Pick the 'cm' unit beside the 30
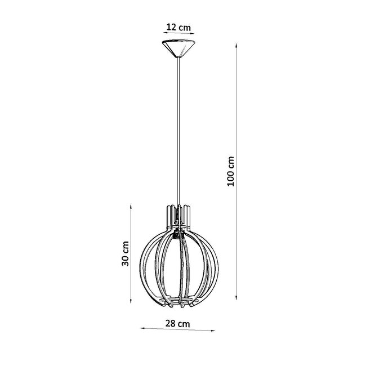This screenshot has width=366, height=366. (126, 247)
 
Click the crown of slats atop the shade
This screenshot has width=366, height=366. (178, 213)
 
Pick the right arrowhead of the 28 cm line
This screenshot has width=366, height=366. (215, 329)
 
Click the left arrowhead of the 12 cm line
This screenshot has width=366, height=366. (162, 35)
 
